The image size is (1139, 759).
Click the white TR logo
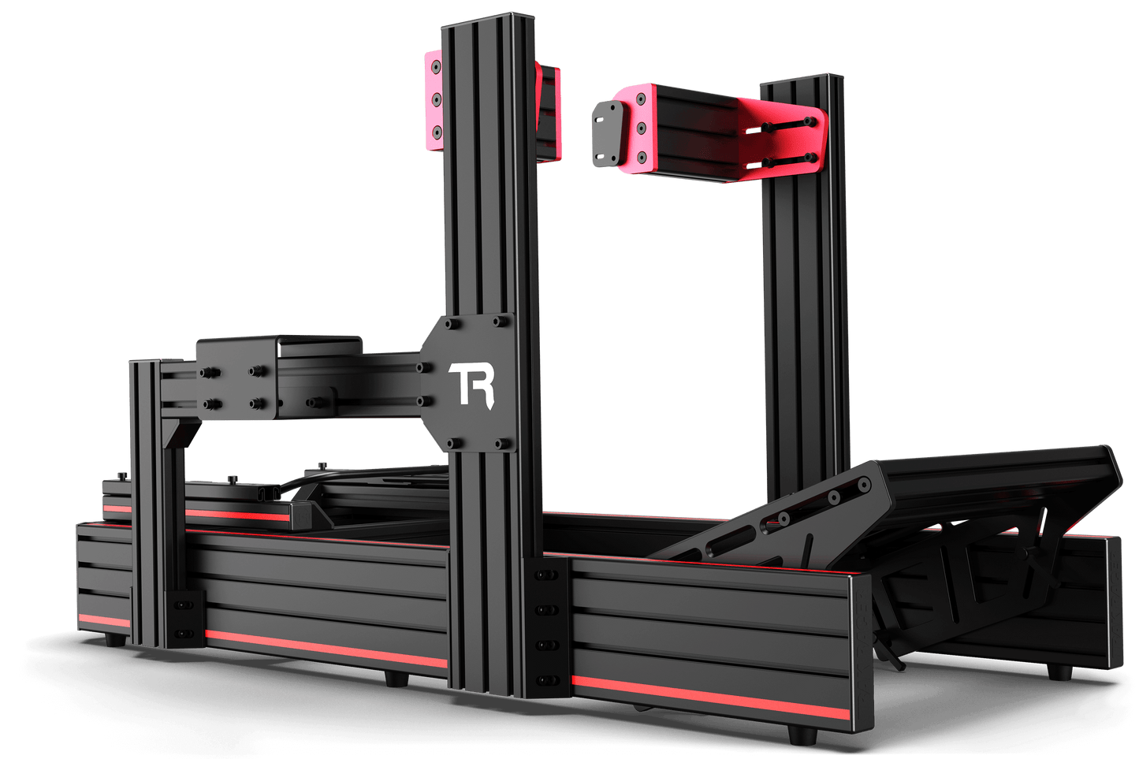pos(471,385)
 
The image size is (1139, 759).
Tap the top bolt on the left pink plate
pos(436,66)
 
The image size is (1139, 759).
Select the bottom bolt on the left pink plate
pos(436,132)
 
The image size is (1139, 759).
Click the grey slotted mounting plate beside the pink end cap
pos(608,133)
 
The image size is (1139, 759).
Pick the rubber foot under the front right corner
pos(802,735)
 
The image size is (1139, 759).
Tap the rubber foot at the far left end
pos(115,639)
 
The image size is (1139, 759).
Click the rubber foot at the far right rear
pos(1059,672)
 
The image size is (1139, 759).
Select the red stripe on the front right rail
pos(710,697)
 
